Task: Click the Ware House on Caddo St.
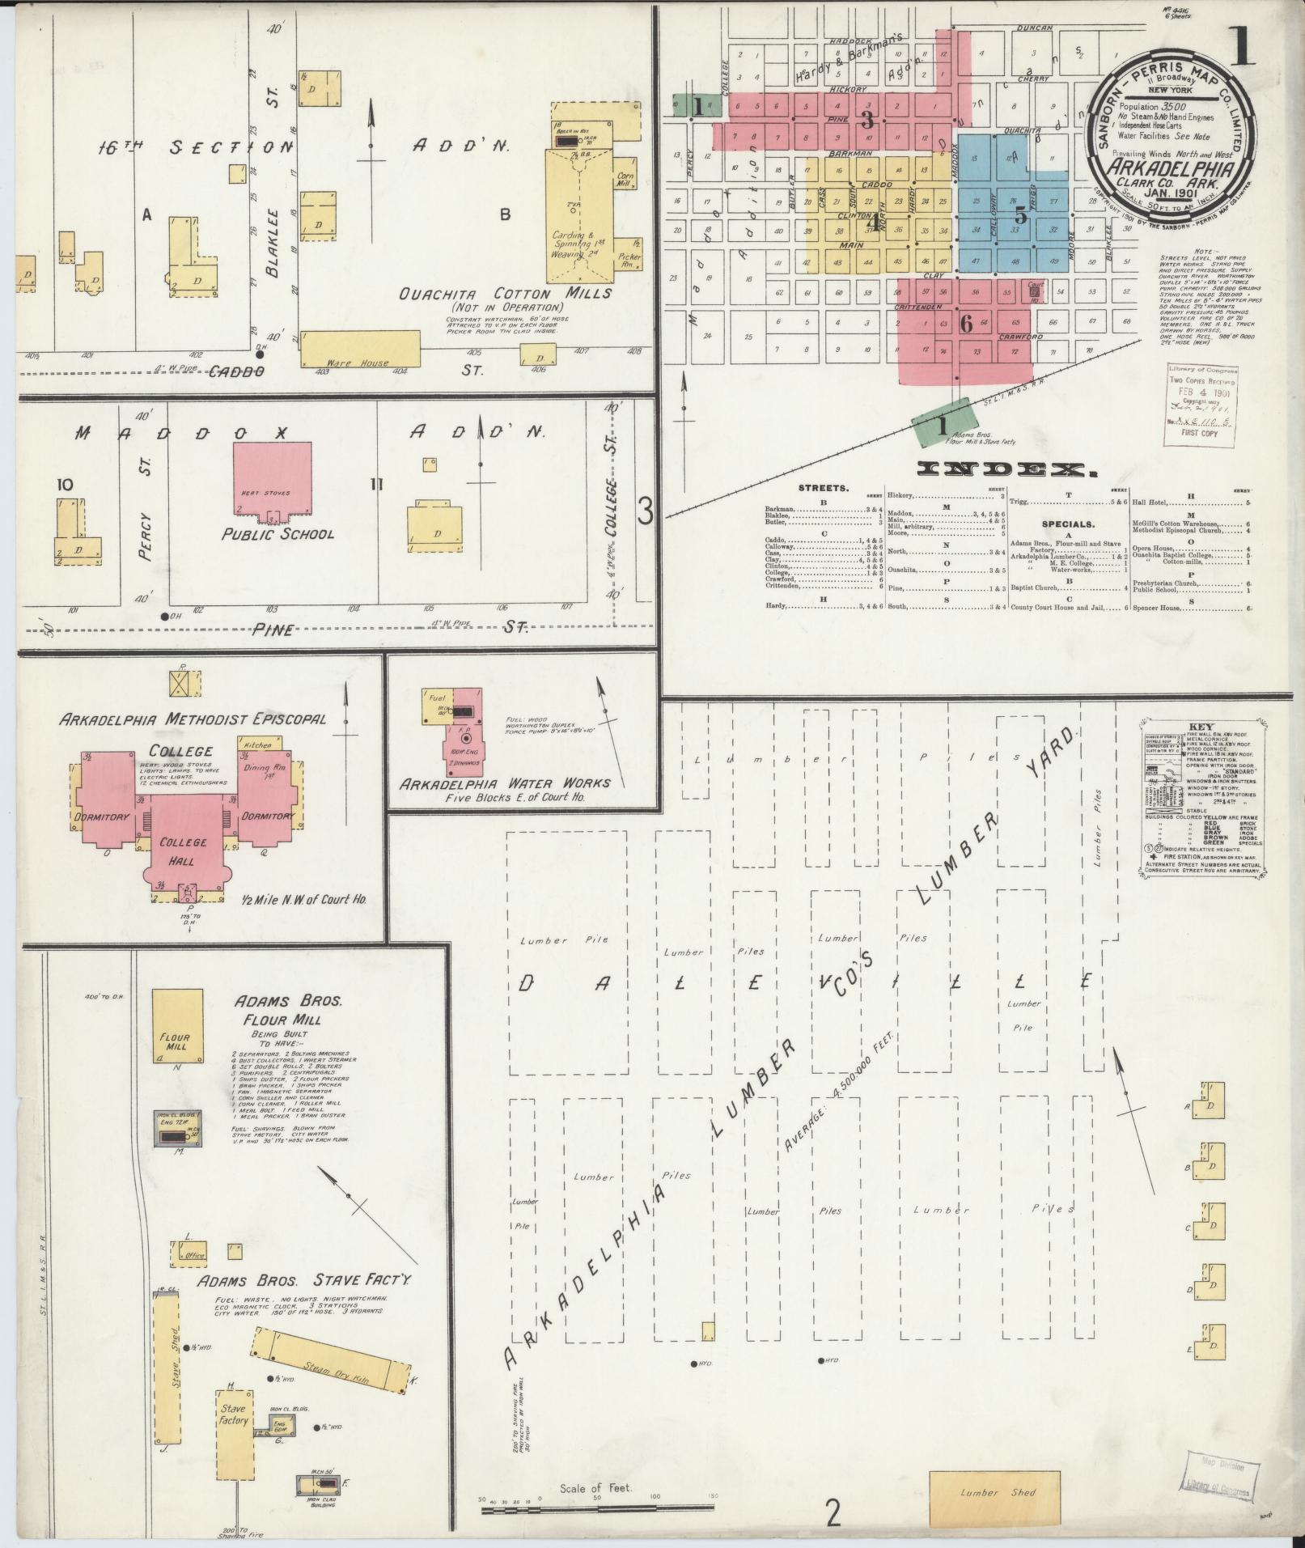point(361,349)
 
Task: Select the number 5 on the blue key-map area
point(1021,216)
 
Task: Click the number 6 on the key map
point(965,324)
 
